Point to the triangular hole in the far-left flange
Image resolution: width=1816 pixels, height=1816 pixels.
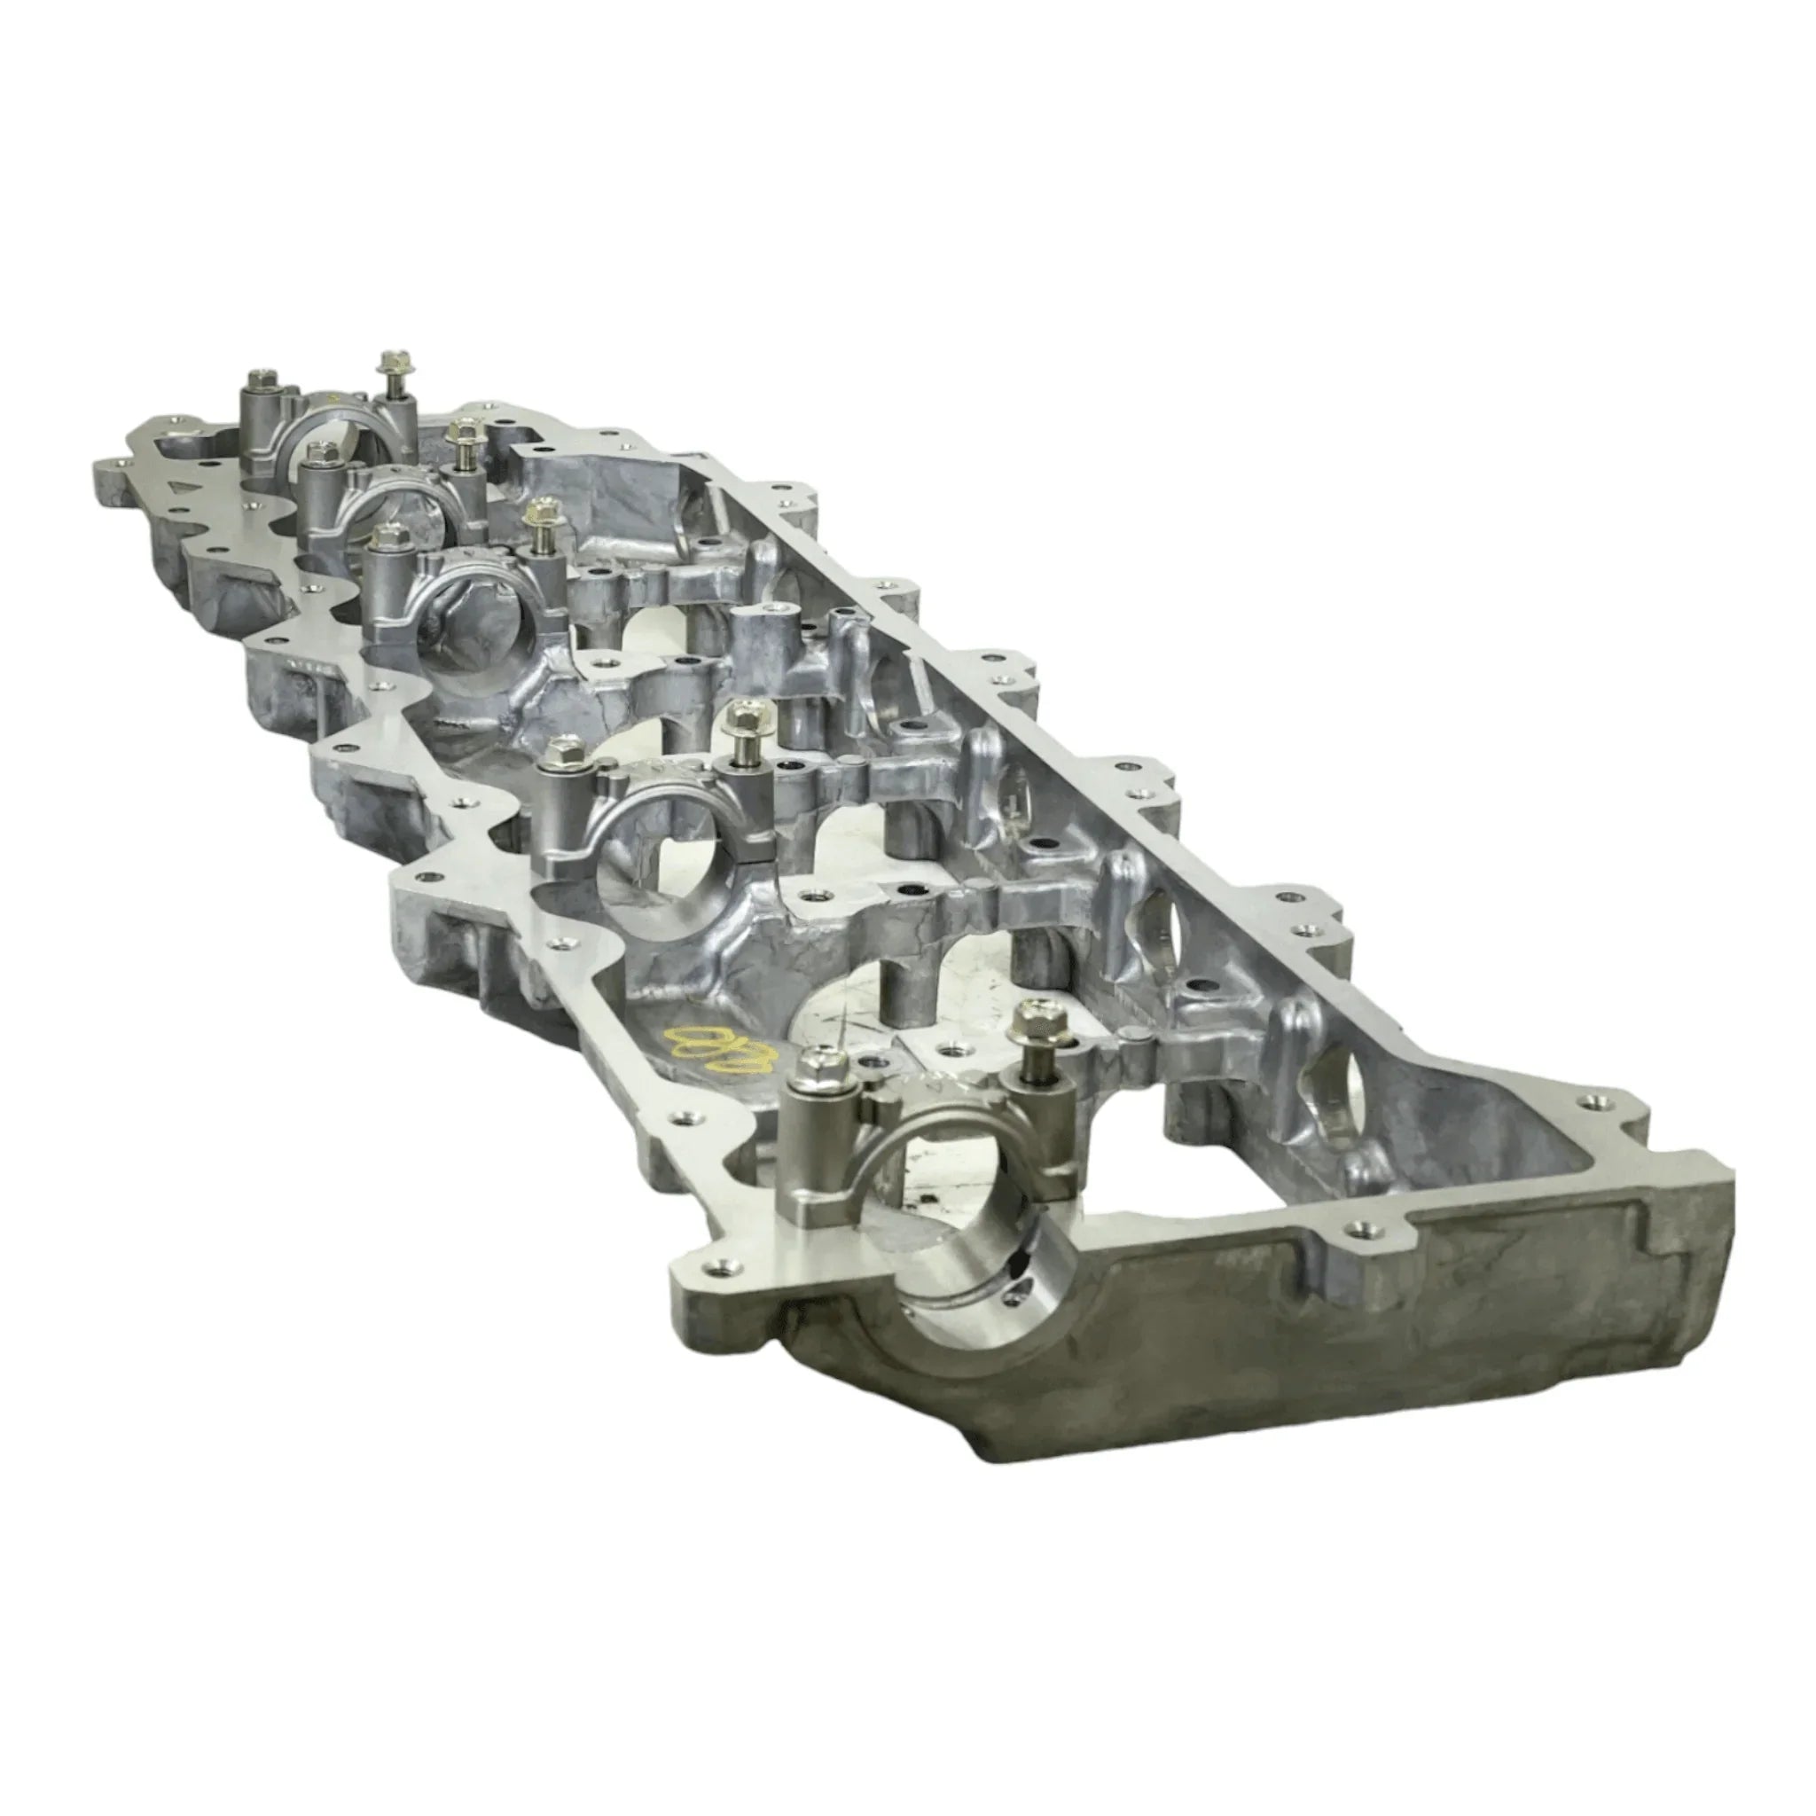[x=179, y=486]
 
